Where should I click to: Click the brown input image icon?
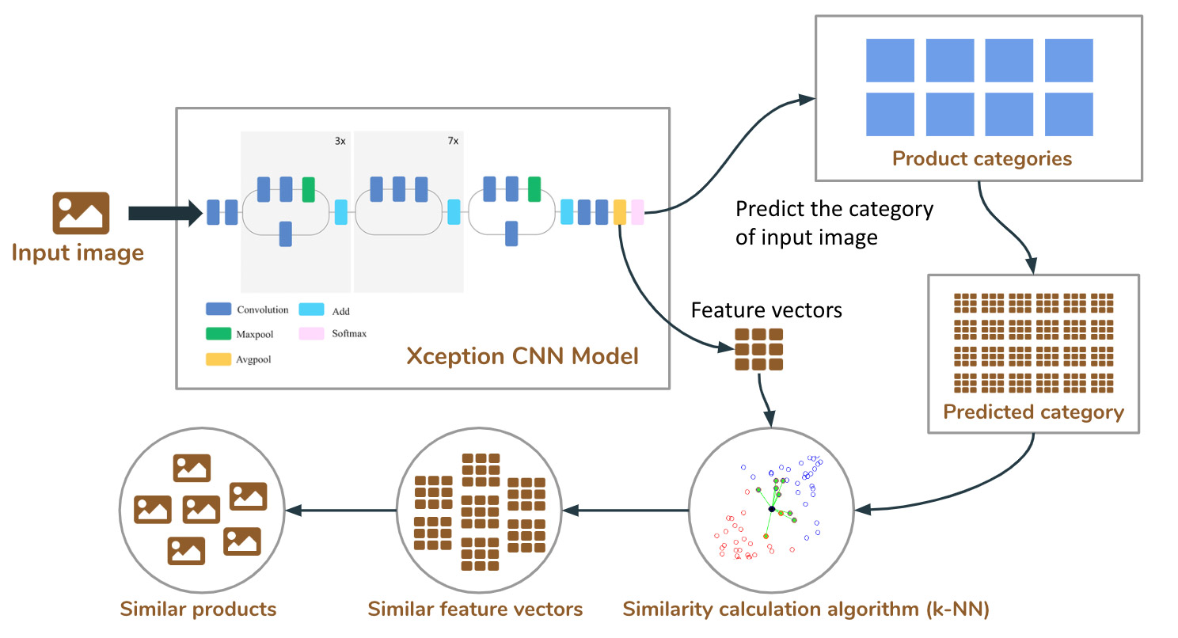pyautogui.click(x=81, y=213)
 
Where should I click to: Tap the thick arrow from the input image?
pyautogui.click(x=165, y=213)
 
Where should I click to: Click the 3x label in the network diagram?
pyautogui.click(x=340, y=141)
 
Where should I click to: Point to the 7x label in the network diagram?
pyautogui.click(x=453, y=141)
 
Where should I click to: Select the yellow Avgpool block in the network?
pyautogui.click(x=620, y=212)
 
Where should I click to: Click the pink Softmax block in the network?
pyautogui.click(x=637, y=212)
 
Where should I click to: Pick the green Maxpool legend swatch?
pyautogui.click(x=218, y=333)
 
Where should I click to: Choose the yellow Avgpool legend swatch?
pyautogui.click(x=218, y=359)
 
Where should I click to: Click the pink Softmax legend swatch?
pyautogui.click(x=311, y=333)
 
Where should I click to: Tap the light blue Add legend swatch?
pyautogui.click(x=311, y=310)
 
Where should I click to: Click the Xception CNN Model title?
pyautogui.click(x=522, y=356)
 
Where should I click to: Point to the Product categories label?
pyautogui.click(x=982, y=159)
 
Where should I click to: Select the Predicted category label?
pyautogui.click(x=1033, y=412)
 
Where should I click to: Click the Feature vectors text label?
pyautogui.click(x=766, y=310)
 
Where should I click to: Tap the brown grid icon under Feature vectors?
pyautogui.click(x=759, y=349)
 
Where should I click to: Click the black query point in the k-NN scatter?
pyautogui.click(x=772, y=509)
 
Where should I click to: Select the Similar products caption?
pyautogui.click(x=198, y=609)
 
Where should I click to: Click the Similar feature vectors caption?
pyautogui.click(x=475, y=609)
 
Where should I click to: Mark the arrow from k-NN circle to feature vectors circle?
pyautogui.click(x=625, y=511)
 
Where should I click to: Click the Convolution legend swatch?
pyautogui.click(x=218, y=309)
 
